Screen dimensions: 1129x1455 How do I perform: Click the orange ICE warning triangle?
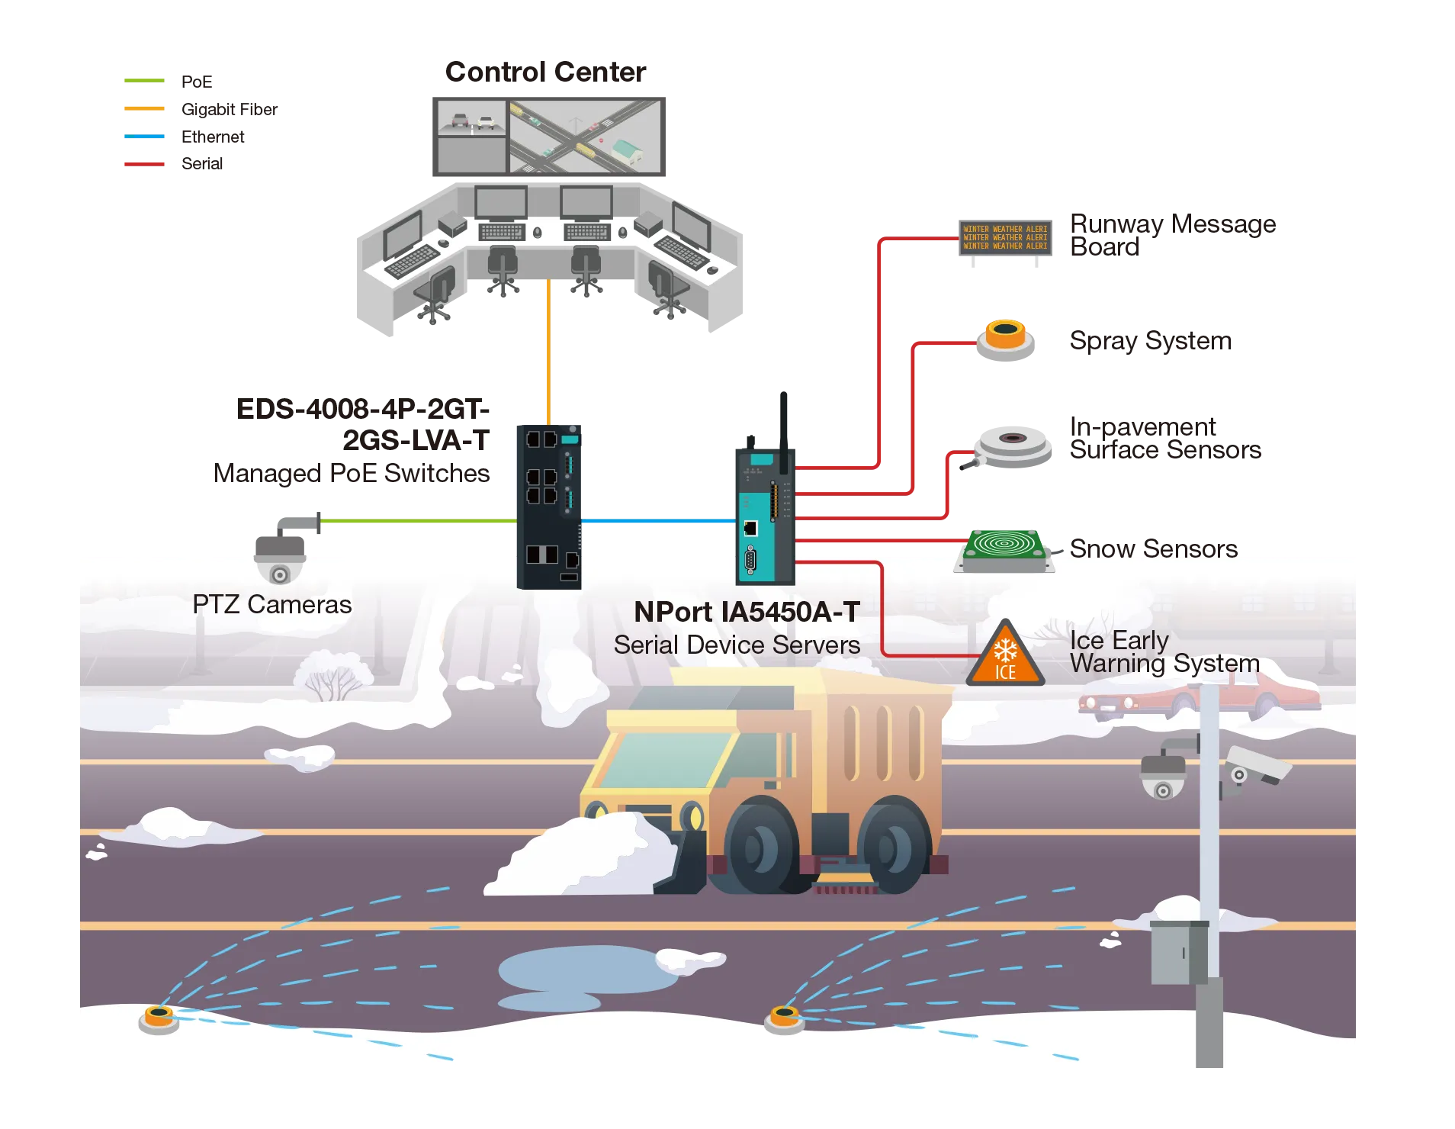[x=1004, y=657]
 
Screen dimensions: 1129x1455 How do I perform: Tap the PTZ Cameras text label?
[x=271, y=605]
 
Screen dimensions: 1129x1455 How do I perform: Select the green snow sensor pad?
[x=1004, y=545]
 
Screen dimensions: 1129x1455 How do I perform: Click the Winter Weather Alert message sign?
[x=1005, y=237]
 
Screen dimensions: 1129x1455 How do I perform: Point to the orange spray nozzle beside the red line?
[x=1006, y=336]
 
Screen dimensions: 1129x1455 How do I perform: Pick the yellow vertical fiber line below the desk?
[x=548, y=351]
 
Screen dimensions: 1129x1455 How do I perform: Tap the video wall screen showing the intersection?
[x=584, y=136]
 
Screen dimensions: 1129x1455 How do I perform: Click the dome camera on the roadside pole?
[x=1162, y=778]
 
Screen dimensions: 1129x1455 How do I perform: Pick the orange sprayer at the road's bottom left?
[x=159, y=1018]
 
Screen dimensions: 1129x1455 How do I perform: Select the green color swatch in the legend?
[x=143, y=79]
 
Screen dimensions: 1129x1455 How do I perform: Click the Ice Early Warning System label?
[x=1163, y=651]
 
